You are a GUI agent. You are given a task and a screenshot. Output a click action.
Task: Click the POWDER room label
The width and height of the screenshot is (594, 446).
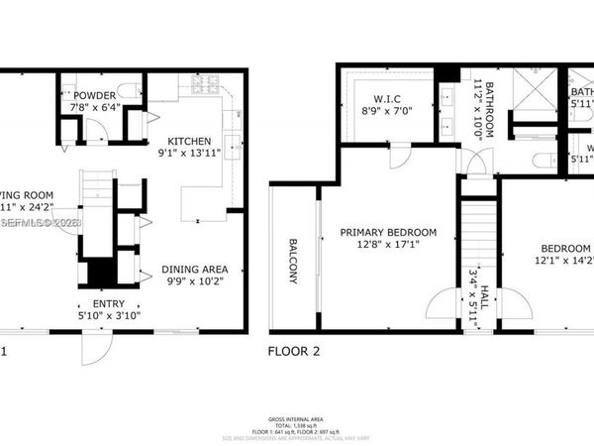click(94, 96)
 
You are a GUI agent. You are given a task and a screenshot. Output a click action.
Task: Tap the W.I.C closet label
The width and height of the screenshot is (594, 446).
click(377, 98)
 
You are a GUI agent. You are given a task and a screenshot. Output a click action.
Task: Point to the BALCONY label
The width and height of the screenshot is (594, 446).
click(294, 260)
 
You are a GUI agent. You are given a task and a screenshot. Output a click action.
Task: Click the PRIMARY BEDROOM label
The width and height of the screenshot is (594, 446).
click(388, 233)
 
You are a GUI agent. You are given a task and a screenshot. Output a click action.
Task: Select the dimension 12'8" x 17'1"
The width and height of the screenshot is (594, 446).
click(388, 248)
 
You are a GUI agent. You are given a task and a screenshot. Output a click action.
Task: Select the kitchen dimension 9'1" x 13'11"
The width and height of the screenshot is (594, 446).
click(190, 154)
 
